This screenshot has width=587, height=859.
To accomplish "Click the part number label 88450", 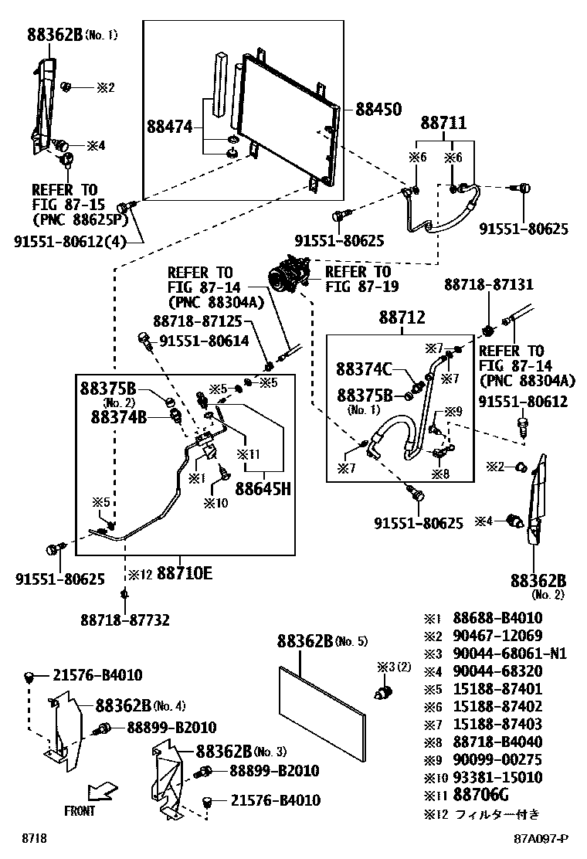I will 378,110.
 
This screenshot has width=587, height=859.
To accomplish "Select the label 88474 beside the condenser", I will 170,126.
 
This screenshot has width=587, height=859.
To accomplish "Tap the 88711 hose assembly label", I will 443,124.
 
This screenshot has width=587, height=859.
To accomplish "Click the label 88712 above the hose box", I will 402,317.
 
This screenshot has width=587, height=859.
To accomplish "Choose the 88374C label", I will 365,369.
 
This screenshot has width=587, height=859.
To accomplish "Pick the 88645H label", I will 263,488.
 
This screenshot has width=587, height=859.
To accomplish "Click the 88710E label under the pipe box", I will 185,573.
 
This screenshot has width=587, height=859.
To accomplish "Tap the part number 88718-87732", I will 124,619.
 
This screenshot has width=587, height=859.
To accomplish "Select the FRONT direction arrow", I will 100,791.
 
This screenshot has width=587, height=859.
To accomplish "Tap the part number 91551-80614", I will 205,340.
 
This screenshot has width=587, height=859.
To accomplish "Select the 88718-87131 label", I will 488,285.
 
